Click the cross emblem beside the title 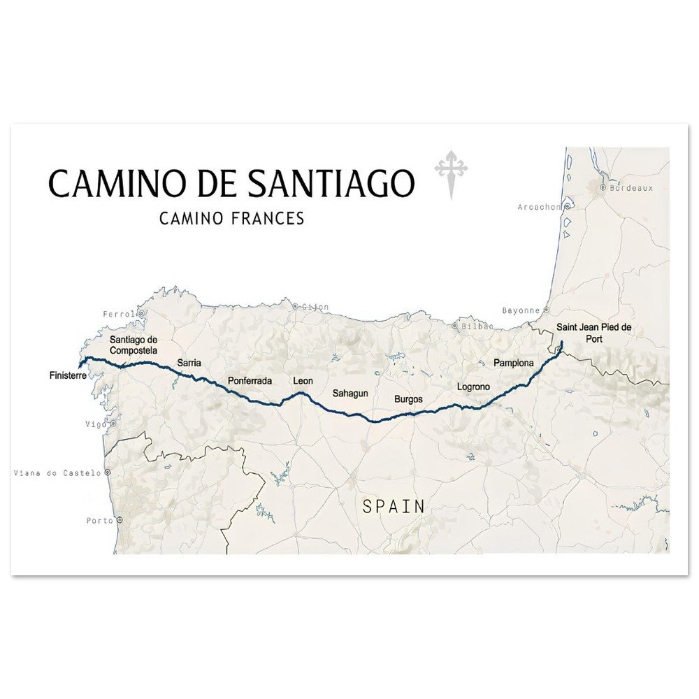pyautogui.click(x=451, y=172)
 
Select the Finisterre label pyautogui.click(x=68, y=375)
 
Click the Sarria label pyautogui.click(x=189, y=363)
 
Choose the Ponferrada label pyautogui.click(x=250, y=381)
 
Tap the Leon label pyautogui.click(x=303, y=381)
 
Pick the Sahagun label pyautogui.click(x=349, y=394)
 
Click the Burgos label pyautogui.click(x=408, y=399)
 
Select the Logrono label pyautogui.click(x=473, y=387)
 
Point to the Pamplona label pyautogui.click(x=513, y=363)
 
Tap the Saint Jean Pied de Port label pyautogui.click(x=593, y=332)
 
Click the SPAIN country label pyautogui.click(x=394, y=507)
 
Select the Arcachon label pyautogui.click(x=540, y=207)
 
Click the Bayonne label pyautogui.click(x=521, y=310)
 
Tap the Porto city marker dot pyautogui.click(x=120, y=520)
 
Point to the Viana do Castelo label pyautogui.click(x=57, y=473)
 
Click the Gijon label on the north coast pyautogui.click(x=315, y=306)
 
